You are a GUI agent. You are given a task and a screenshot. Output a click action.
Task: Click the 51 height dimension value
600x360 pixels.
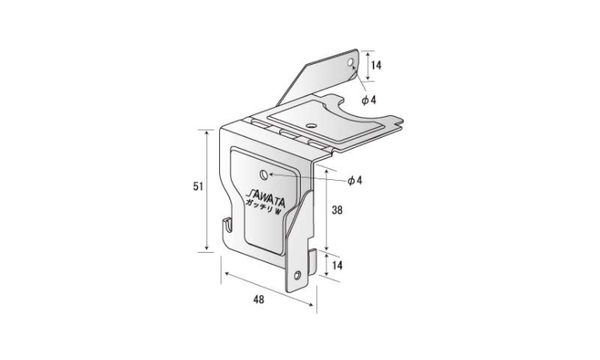coord(198,186)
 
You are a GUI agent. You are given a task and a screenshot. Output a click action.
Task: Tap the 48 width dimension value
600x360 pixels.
coord(258,299)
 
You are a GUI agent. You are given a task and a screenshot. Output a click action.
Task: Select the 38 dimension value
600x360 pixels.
coord(337,210)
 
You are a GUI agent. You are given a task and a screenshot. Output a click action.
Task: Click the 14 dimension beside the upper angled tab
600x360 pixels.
coord(377,66)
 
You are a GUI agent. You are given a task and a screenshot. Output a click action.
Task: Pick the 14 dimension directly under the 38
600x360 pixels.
coord(337,265)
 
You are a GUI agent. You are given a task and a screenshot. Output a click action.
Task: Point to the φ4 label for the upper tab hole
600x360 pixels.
coord(370,100)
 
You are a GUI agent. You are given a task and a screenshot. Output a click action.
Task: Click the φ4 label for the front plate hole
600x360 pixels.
coord(354,181)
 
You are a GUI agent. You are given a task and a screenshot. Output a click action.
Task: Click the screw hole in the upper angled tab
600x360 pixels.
coord(350,62)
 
